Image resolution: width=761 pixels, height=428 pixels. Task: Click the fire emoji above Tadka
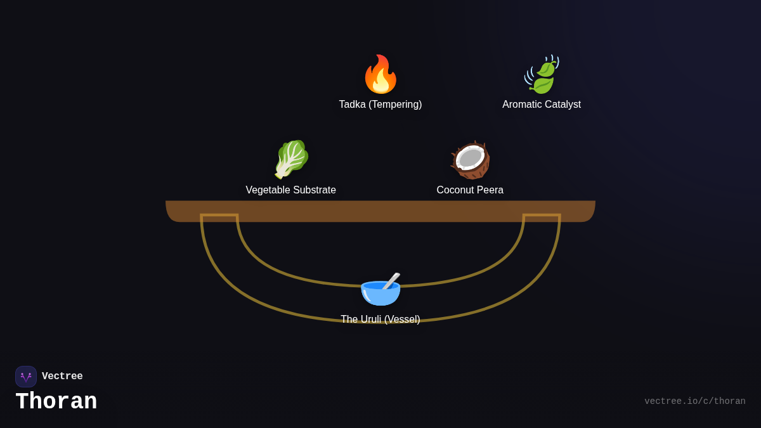[380, 75]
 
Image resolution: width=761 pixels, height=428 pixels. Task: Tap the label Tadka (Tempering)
[380, 105]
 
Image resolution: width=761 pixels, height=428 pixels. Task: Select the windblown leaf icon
[542, 75]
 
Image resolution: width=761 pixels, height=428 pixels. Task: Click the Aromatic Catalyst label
[542, 105]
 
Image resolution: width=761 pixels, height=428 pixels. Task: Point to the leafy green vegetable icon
[291, 159]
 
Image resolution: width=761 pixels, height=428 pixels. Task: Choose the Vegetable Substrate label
[290, 190]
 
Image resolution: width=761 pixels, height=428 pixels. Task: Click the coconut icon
[470, 160]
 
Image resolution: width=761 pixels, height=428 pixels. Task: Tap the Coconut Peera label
[470, 190]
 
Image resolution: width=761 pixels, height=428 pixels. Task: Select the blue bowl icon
[380, 292]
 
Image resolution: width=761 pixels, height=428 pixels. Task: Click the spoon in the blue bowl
[391, 280]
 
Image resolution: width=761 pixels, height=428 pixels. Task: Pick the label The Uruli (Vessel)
[380, 320]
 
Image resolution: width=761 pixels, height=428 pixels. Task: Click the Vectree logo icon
[26, 377]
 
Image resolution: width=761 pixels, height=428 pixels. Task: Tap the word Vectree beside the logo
[62, 377]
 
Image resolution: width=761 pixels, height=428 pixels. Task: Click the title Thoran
[56, 402]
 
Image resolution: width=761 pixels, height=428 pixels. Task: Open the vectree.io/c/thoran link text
[694, 401]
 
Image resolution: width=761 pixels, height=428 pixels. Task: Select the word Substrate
[313, 190]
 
